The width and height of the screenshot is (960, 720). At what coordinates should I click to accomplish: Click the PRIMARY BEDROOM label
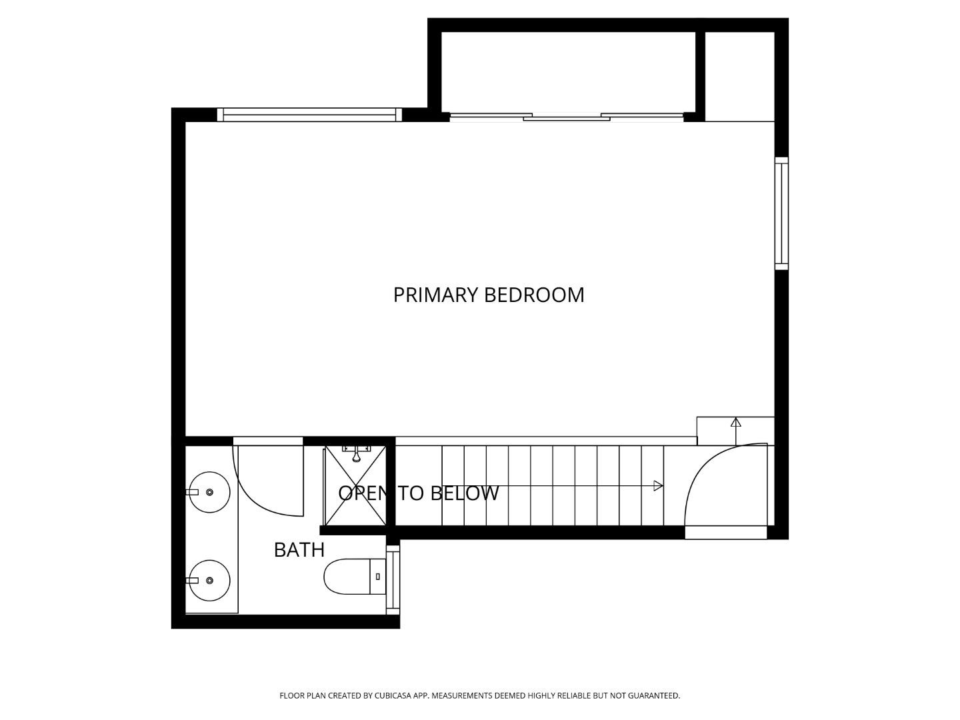point(489,295)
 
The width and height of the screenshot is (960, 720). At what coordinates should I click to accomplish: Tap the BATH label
point(299,550)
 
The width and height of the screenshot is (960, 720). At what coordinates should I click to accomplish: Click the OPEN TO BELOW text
point(418,493)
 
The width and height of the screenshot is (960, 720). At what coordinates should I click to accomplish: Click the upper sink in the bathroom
point(209,492)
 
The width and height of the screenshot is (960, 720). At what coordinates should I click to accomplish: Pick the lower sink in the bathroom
point(209,581)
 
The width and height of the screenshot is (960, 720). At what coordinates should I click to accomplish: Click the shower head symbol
point(356,455)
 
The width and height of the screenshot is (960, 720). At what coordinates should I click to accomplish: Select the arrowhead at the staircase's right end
point(658,486)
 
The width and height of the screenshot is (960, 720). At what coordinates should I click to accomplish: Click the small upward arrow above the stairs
point(735,423)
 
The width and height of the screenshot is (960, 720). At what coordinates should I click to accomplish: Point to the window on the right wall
point(781,213)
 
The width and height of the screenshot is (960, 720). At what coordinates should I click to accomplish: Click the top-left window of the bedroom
point(309,115)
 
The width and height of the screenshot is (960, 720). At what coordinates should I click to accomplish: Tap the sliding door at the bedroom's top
point(567,117)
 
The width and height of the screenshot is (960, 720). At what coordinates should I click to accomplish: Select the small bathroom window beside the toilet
point(393,579)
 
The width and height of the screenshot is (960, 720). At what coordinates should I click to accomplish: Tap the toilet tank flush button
point(378,577)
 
